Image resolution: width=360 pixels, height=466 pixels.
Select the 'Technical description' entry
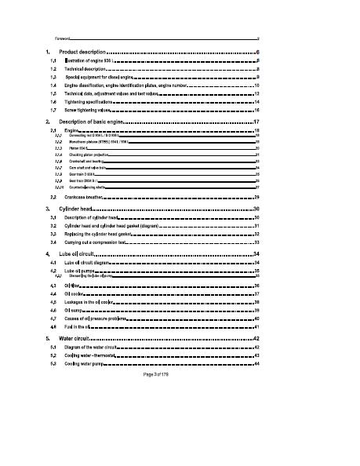point(89,69)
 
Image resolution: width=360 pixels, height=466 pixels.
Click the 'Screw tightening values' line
point(90,111)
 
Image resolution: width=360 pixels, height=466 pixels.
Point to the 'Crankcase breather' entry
point(89,197)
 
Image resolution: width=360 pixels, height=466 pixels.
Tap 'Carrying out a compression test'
point(99,243)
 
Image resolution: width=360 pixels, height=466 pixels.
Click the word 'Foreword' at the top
point(63,38)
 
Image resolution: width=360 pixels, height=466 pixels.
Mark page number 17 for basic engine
point(256,123)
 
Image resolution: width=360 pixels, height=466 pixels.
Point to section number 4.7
point(53,319)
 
